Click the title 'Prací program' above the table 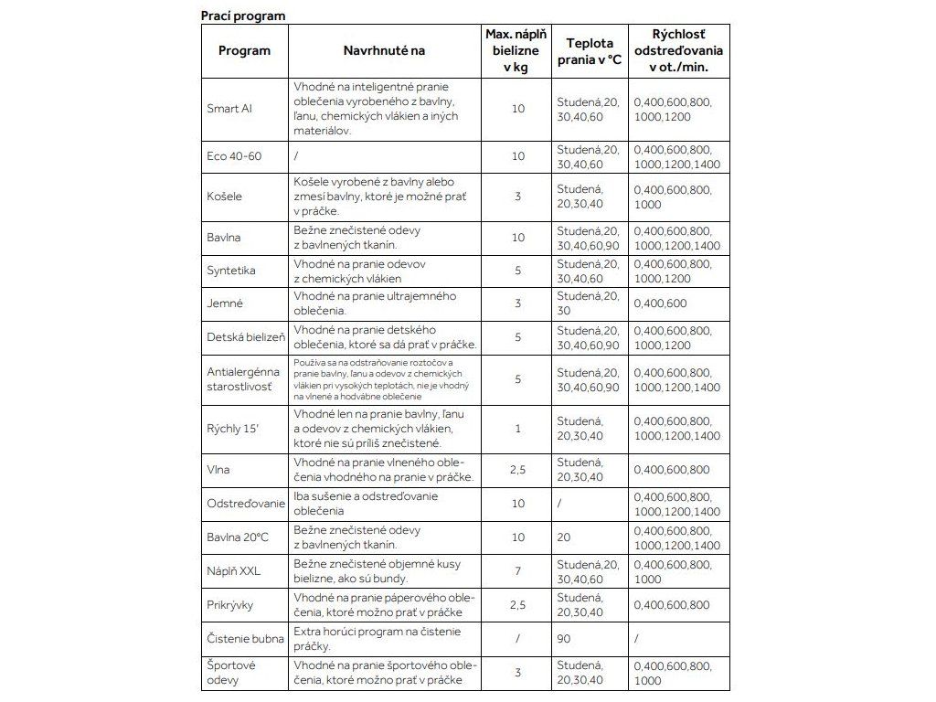coord(243,16)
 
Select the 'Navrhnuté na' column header coord(384,50)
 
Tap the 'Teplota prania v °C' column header coord(590,50)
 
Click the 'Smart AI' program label coord(229,109)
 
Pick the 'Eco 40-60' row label coord(234,156)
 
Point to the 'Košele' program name coord(225,197)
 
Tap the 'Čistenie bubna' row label coord(246,639)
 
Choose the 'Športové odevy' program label coord(231,673)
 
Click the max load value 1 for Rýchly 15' coord(518,429)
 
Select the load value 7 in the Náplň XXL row coord(518,571)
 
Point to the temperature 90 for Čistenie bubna coord(565,639)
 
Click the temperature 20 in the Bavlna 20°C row coord(564,537)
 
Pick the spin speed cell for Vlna coord(671,470)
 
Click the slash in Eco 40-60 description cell coord(297,156)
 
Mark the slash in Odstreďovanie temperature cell coord(559,504)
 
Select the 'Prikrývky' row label coord(230,605)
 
